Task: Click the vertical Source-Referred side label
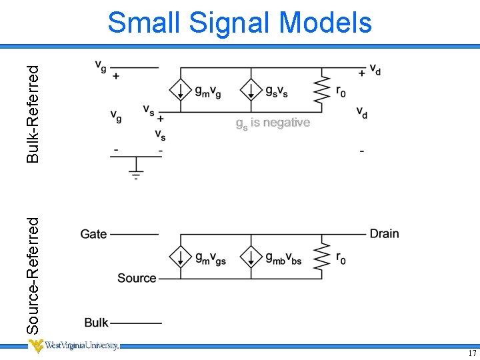click(33, 276)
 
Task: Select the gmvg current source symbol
click(179, 90)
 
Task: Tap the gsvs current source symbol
click(250, 90)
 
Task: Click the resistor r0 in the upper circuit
click(322, 90)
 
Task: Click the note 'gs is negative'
click(273, 123)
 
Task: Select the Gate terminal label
click(93, 234)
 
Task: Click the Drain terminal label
click(384, 233)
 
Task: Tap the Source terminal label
click(137, 278)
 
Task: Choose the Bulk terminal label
click(96, 323)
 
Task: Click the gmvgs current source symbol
click(179, 257)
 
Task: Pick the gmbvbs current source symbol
click(250, 257)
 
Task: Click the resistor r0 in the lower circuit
click(322, 257)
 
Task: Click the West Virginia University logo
click(73, 346)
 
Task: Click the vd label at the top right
click(375, 71)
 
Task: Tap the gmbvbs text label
click(283, 259)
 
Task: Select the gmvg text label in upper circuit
click(208, 92)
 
